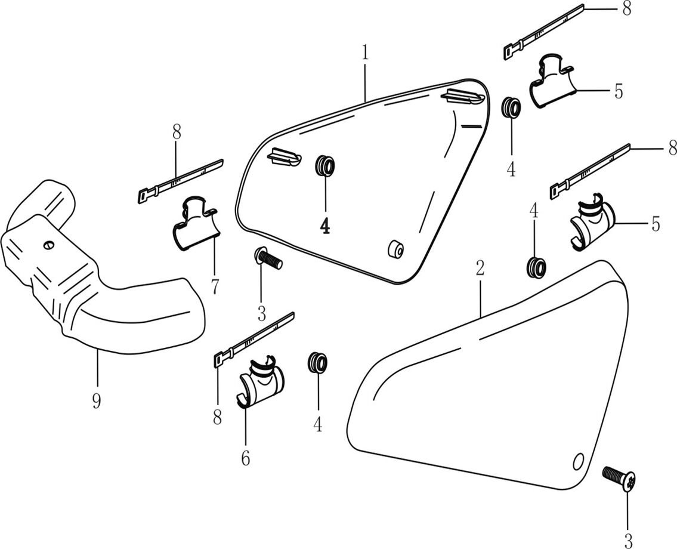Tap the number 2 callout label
coord(480,268)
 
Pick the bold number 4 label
coord(325,226)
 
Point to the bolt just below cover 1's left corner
coord(268,260)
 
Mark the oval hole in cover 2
coord(577,461)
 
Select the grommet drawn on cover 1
coord(324,165)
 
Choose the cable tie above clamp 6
coord(254,338)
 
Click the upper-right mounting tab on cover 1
coord(463,95)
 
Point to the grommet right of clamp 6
coord(317,362)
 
